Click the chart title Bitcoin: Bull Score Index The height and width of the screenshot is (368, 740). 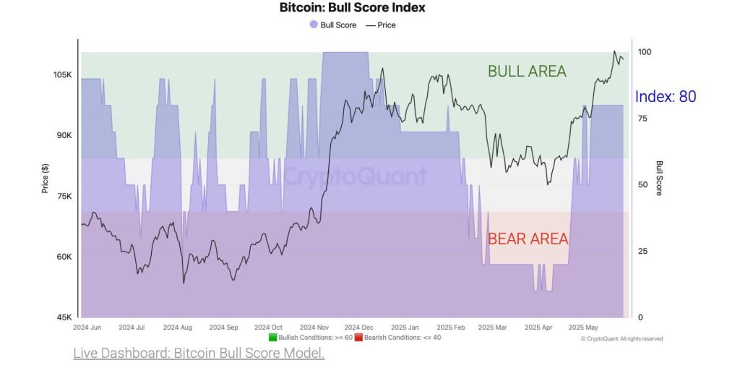[x=353, y=8]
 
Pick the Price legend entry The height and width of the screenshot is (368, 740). [x=381, y=25]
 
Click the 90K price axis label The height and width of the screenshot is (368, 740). [x=62, y=136]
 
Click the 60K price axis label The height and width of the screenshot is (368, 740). [x=62, y=257]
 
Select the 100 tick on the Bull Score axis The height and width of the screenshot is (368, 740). [x=645, y=52]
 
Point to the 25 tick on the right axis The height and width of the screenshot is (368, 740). [x=642, y=251]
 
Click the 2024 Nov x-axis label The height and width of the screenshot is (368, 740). [x=314, y=327]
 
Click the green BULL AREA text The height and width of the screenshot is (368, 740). [x=527, y=71]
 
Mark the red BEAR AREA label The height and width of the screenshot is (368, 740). [x=528, y=239]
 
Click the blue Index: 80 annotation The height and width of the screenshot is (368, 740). [x=666, y=96]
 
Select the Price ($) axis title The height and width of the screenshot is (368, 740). [x=45, y=178]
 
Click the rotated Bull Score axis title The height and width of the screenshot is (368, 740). [x=659, y=178]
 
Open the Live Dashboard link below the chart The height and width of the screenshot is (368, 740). [x=199, y=354]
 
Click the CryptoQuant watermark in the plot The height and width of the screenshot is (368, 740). [x=354, y=176]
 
